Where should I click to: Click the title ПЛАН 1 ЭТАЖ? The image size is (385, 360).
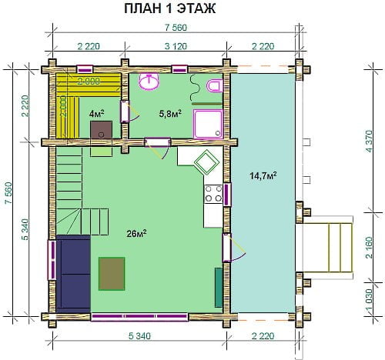click(x=170, y=8)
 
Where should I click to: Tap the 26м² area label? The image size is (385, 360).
click(x=136, y=233)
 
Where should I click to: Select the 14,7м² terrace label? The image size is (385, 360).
click(x=263, y=176)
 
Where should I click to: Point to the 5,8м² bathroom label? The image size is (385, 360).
click(x=170, y=114)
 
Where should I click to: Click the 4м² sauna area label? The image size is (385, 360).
click(x=96, y=113)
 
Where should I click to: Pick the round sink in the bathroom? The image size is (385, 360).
click(x=149, y=82)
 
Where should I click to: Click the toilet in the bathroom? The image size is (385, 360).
click(x=215, y=85)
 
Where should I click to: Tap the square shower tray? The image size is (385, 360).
click(x=208, y=124)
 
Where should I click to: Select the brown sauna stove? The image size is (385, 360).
click(x=101, y=130)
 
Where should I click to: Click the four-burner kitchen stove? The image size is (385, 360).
click(x=213, y=194)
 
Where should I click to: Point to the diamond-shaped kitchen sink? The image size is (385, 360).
click(x=207, y=163)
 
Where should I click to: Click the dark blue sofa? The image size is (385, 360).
click(x=73, y=274)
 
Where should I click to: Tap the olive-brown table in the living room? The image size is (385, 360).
click(x=112, y=274)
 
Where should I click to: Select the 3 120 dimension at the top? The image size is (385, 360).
click(x=176, y=46)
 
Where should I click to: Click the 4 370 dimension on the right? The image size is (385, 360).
click(x=369, y=142)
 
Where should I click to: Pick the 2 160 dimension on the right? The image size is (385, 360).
click(x=369, y=248)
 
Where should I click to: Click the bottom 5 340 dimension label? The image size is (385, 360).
click(x=139, y=335)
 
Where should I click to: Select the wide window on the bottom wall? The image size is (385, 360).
click(x=140, y=317)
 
